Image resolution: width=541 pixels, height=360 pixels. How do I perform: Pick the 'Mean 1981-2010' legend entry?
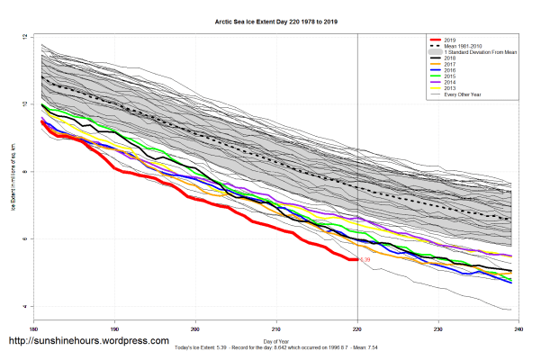click(463, 47)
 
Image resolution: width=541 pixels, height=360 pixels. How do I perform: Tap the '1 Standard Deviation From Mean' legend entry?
click(477, 53)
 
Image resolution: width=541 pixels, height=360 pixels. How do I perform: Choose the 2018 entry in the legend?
click(449, 58)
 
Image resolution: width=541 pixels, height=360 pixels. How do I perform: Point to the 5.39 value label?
click(365, 260)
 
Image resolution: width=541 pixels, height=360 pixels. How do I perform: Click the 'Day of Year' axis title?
click(276, 341)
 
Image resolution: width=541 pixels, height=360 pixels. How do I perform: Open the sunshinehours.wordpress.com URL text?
click(87, 342)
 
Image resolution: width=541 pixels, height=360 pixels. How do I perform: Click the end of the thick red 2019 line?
click(357, 259)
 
